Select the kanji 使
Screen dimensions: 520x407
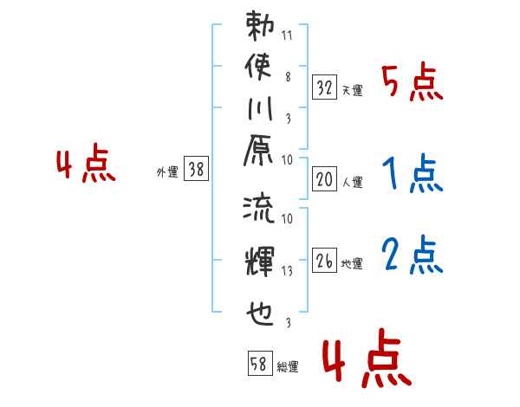[258, 67]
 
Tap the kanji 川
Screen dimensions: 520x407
[260, 108]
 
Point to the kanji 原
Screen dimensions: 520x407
[258, 150]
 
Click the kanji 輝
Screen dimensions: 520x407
[260, 262]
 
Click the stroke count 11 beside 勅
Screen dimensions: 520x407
[287, 36]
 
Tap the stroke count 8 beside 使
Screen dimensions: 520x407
[288, 77]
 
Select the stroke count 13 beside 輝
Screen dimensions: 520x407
[287, 271]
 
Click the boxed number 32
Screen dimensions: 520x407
[324, 87]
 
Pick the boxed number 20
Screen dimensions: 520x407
[324, 179]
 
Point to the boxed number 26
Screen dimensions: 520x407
[324, 260]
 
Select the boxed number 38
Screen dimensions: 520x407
[196, 168]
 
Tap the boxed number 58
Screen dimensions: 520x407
[260, 363]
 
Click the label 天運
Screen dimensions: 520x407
[353, 90]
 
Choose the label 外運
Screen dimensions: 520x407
[167, 171]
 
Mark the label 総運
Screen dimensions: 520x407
[288, 366]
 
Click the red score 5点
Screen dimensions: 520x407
[413, 81]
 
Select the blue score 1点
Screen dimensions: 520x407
[413, 172]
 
